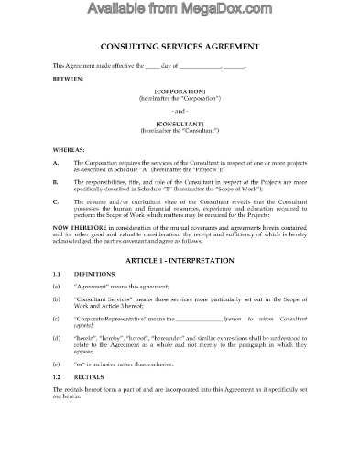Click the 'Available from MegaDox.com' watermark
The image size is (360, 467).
(180, 11)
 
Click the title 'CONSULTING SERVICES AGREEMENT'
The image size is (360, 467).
(180, 47)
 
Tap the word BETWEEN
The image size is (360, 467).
(68, 79)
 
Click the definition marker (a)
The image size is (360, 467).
(57, 288)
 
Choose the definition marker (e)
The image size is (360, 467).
(57, 388)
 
